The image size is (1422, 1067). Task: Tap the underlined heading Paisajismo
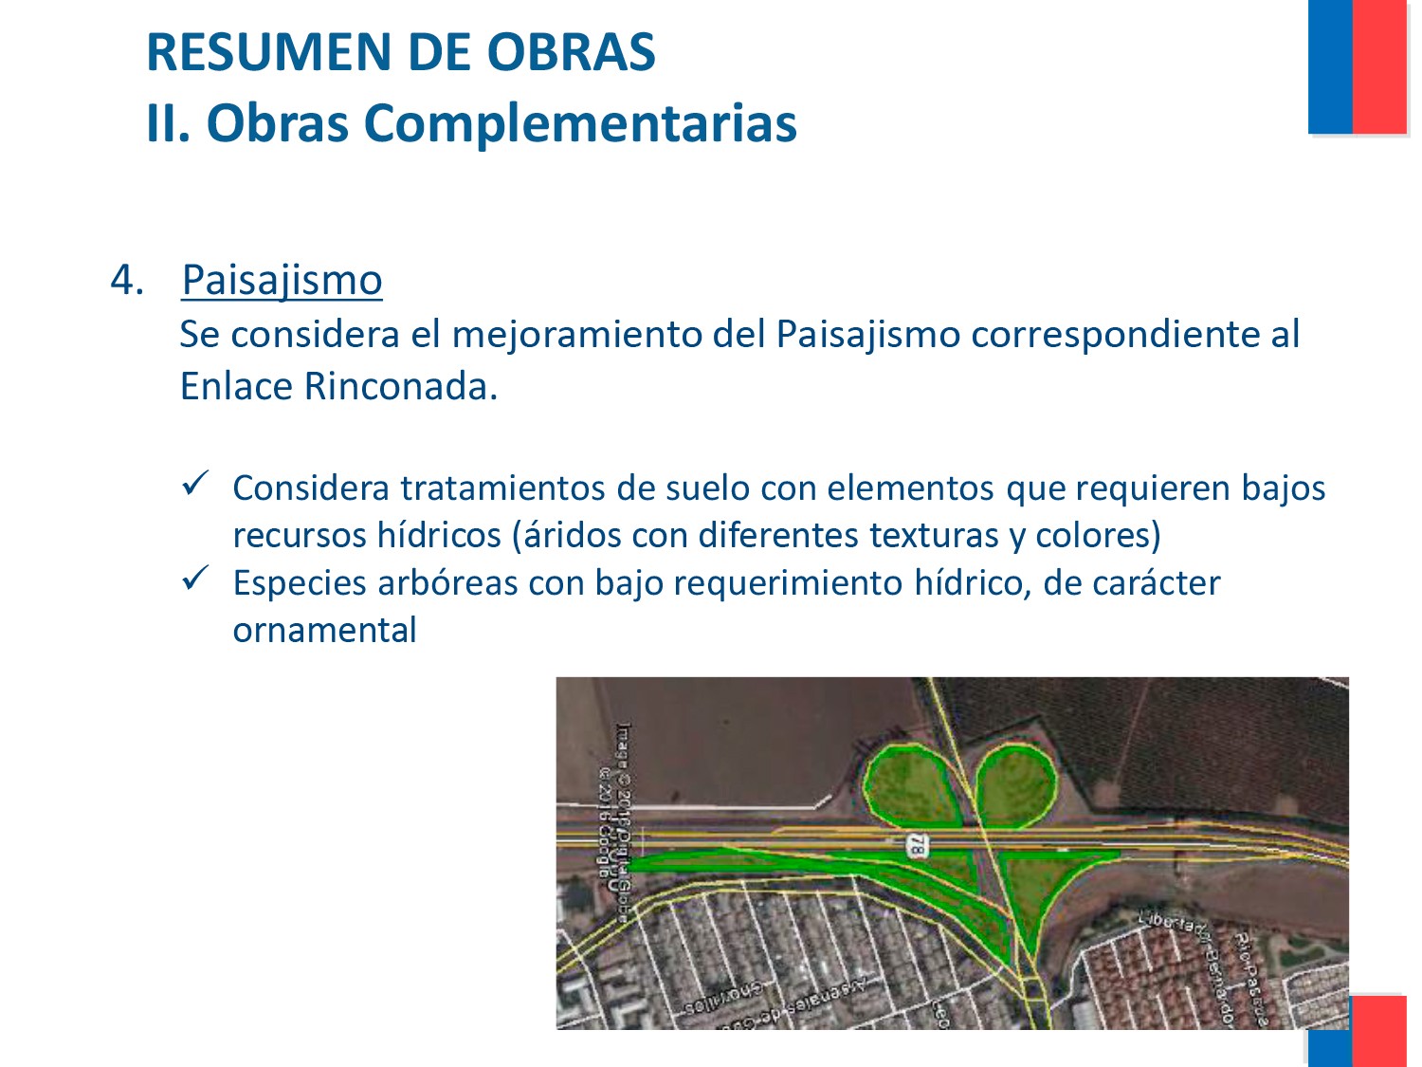click(282, 280)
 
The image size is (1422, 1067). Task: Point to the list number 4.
click(127, 280)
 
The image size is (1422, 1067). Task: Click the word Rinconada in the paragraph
click(395, 386)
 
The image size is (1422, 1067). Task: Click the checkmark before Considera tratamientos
click(196, 484)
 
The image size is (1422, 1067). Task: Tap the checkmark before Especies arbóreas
click(196, 578)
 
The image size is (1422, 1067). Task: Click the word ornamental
click(324, 630)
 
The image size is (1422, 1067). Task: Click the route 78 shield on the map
click(917, 845)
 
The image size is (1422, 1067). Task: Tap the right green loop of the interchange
click(1016, 783)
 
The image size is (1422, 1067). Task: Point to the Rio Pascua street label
click(1251, 977)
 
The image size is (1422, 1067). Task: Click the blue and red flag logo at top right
click(1357, 66)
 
